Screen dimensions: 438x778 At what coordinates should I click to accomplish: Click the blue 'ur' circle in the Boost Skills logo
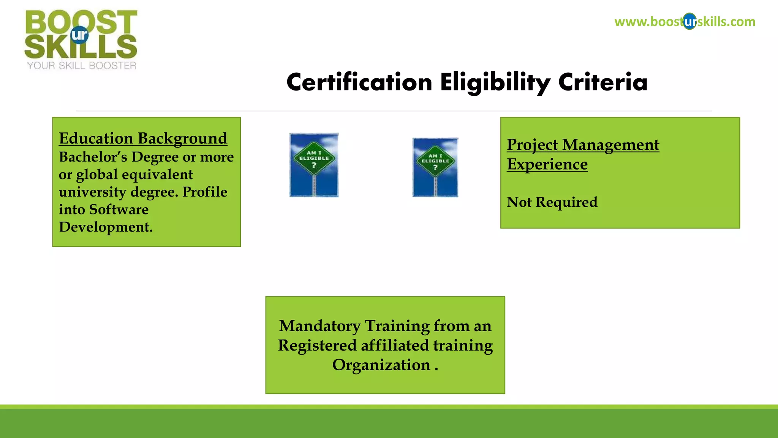pyautogui.click(x=79, y=35)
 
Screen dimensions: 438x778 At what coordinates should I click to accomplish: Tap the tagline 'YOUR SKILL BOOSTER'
pyautogui.click(x=82, y=66)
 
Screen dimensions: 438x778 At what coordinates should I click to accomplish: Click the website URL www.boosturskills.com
pyautogui.click(x=685, y=22)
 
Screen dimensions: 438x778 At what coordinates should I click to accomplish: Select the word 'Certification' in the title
pyautogui.click(x=359, y=83)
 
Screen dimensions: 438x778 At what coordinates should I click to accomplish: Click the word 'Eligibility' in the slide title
pyautogui.click(x=495, y=83)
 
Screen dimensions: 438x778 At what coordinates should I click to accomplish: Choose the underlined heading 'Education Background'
pyautogui.click(x=143, y=138)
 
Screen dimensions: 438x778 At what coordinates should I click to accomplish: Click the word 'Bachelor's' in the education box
pyautogui.click(x=93, y=157)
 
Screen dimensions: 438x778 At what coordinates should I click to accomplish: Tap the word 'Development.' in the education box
pyautogui.click(x=106, y=227)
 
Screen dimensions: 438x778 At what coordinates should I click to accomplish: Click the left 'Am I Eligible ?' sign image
pyautogui.click(x=314, y=165)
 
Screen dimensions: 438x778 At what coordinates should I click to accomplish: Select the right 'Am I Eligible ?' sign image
pyautogui.click(x=435, y=167)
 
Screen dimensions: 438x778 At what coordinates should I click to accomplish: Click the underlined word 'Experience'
pyautogui.click(x=547, y=164)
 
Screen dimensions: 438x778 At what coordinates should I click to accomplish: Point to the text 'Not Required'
pyautogui.click(x=552, y=202)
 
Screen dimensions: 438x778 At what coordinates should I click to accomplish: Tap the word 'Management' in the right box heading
pyautogui.click(x=610, y=145)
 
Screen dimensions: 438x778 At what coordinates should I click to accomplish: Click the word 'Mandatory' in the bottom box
pyautogui.click(x=319, y=326)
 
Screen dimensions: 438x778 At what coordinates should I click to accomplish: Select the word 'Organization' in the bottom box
pyautogui.click(x=381, y=365)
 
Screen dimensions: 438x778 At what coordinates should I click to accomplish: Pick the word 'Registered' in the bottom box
pyautogui.click(x=317, y=346)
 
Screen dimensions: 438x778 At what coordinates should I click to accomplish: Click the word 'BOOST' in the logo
pyautogui.click(x=81, y=22)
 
